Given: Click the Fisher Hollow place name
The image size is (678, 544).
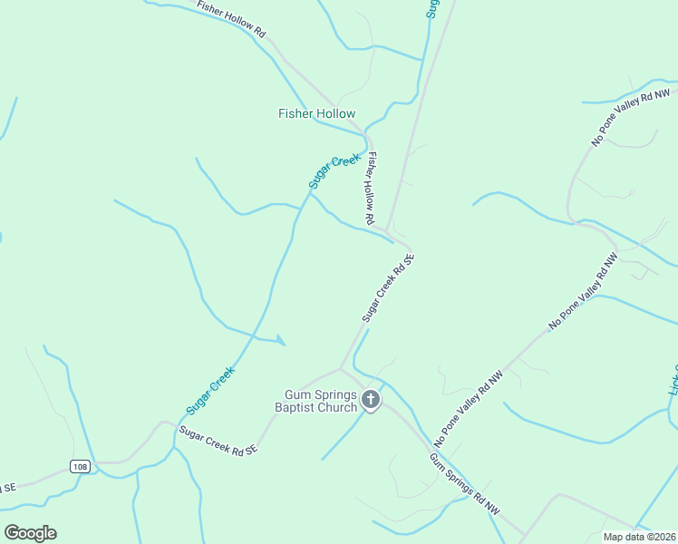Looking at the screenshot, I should click(x=316, y=113).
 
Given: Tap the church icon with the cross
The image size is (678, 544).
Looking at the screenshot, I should click(x=371, y=399).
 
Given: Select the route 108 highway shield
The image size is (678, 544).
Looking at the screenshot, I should click(x=80, y=466).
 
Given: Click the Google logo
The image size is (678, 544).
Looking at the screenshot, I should click(x=30, y=533).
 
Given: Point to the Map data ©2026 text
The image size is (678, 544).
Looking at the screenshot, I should click(x=639, y=537).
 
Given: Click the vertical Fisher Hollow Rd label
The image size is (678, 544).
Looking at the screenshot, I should click(x=371, y=188).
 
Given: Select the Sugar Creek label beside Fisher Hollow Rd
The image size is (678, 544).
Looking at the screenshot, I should click(x=334, y=171).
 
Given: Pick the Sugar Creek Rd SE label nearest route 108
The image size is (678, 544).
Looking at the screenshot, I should click(x=218, y=440).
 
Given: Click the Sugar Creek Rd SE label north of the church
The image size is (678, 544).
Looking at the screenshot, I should click(x=388, y=287).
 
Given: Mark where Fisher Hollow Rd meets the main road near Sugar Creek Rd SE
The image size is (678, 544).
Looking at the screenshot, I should click(x=387, y=230).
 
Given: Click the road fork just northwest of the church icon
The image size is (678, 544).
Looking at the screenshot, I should click(x=340, y=368).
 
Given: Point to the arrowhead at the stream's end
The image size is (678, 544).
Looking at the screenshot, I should click(x=281, y=341).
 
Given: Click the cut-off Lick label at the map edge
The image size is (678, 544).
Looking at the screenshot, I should click(x=673, y=376).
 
